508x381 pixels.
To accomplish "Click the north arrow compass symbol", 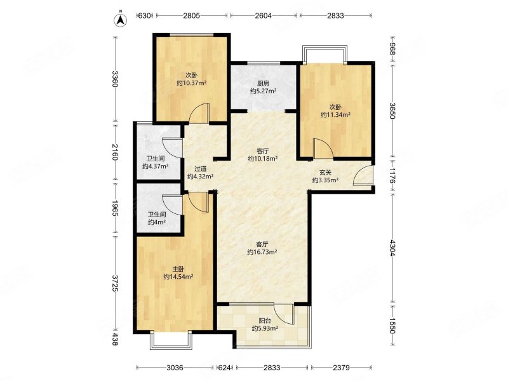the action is [x=120, y=20].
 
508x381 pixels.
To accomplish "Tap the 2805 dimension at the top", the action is [x=192, y=15].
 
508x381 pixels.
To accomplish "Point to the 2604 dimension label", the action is [x=263, y=15].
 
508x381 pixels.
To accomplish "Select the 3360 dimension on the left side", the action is [x=115, y=79].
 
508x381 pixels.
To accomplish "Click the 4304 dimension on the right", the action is [x=393, y=248].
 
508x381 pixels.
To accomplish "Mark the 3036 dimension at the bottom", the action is [x=175, y=368].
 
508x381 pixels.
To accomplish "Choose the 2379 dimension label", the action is [x=342, y=368].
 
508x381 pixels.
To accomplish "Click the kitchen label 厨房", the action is [x=263, y=84].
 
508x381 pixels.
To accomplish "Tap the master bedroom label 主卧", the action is [x=178, y=269].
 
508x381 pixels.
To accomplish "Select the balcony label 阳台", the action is [x=265, y=321].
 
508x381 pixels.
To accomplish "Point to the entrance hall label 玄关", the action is [x=326, y=173].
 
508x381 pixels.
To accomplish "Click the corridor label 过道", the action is [x=200, y=169].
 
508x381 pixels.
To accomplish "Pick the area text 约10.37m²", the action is [x=192, y=83].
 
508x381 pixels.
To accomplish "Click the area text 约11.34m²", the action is [x=335, y=115].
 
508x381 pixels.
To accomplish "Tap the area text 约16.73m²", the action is [x=262, y=251].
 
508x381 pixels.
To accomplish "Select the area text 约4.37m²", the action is [x=156, y=166].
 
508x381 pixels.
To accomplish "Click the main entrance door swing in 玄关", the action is [x=363, y=175].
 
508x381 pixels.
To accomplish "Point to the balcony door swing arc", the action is [x=283, y=313].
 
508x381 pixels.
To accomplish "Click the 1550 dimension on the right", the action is [x=393, y=325].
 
